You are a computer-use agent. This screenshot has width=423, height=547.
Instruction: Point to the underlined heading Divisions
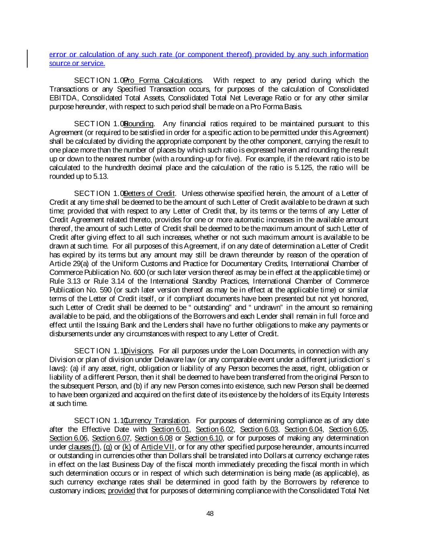click(139, 351)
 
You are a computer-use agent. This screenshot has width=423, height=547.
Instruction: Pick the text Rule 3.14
click(111, 281)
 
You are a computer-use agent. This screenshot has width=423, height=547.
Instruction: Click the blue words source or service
click(77, 63)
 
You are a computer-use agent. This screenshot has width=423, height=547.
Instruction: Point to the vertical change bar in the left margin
click(27, 59)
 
